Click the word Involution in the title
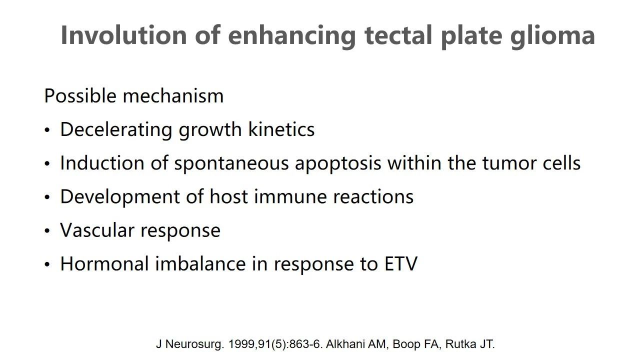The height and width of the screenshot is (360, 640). click(123, 35)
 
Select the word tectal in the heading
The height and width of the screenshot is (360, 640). click(398, 35)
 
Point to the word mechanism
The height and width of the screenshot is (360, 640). click(173, 95)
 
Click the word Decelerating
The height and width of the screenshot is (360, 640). click(116, 130)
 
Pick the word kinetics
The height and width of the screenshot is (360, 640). click(281, 129)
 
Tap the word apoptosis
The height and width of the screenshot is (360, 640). click(338, 164)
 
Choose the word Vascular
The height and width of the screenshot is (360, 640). click(97, 230)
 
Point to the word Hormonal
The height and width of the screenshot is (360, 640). click(104, 263)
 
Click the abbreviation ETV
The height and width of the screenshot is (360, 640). click(401, 263)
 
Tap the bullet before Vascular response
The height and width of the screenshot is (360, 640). click(47, 231)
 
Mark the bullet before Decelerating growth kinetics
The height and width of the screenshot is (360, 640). click(47, 130)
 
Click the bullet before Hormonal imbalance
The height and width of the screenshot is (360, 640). click(47, 264)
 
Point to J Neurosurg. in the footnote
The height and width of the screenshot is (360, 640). click(190, 344)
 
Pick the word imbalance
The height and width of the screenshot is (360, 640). click(200, 263)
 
